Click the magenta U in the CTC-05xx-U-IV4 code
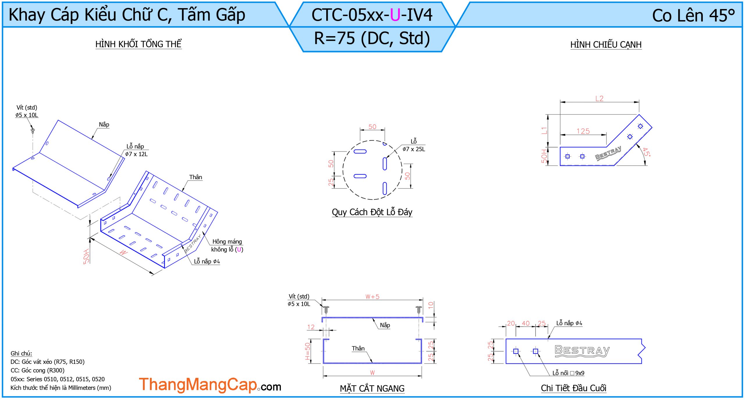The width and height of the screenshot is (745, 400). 395,15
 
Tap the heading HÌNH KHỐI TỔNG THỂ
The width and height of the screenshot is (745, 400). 138,44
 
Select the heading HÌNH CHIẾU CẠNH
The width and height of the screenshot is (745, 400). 606,45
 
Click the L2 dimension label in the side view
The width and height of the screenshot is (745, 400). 599,98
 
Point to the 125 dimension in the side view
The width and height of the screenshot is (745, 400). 583,131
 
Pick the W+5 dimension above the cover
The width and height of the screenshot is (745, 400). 372,297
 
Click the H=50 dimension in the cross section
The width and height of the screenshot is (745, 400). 308,351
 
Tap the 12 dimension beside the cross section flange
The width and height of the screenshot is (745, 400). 311,327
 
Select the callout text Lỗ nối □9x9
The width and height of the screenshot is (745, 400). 568,373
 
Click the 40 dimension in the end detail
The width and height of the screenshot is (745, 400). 526,323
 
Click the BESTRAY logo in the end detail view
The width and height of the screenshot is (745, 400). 582,350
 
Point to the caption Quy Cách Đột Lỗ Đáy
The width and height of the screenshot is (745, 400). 372,212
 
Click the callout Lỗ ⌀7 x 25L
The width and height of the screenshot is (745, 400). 414,145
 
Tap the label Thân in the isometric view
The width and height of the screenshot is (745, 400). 196,177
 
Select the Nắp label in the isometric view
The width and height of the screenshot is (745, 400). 104,124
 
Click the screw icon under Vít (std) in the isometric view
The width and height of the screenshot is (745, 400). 33,130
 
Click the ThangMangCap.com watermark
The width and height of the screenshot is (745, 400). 210,385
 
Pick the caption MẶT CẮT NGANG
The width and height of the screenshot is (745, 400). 372,388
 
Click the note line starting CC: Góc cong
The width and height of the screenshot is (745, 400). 38,370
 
